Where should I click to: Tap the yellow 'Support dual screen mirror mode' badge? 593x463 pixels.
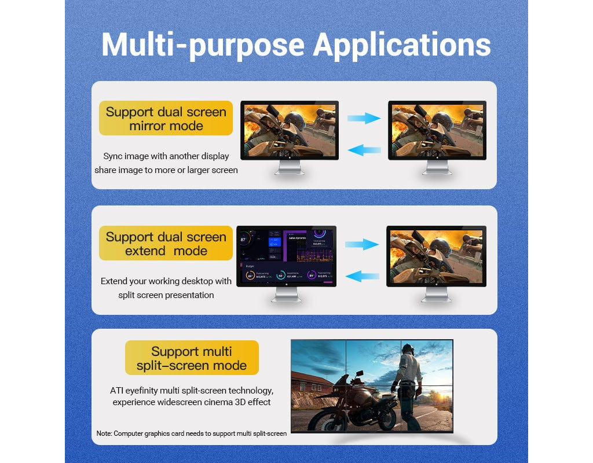tap(166, 119)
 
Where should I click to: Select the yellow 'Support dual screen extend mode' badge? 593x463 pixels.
tap(166, 244)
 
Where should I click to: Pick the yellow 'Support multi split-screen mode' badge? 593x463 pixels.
tap(192, 358)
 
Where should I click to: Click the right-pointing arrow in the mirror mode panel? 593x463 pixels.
tap(364, 119)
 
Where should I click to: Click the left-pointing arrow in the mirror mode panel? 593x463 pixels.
tap(364, 150)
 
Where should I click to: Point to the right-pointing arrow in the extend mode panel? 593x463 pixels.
tap(363, 244)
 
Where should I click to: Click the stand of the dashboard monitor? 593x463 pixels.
tap(286, 295)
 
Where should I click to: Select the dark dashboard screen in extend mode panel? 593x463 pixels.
tap(286, 256)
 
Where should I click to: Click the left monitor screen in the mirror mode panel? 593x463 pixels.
tap(290, 130)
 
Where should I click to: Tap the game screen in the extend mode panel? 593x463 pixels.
tap(436, 255)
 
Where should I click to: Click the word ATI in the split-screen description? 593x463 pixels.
tap(117, 391)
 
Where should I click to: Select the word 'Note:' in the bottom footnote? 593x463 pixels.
tap(104, 433)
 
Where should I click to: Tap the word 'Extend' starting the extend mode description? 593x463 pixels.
tap(115, 281)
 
